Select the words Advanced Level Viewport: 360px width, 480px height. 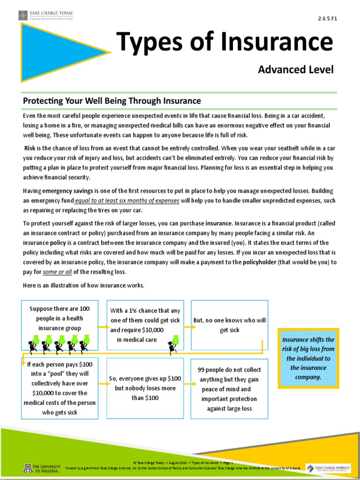(295, 70)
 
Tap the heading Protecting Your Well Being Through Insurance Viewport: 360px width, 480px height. (112, 101)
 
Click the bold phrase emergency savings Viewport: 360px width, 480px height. (66, 191)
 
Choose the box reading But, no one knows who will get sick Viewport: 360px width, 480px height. (230, 325)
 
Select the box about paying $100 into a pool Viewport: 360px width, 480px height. (60, 388)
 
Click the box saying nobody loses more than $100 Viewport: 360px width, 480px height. (144, 388)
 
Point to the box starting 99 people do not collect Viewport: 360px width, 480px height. (230, 388)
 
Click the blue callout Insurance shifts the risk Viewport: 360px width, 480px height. (308, 358)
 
